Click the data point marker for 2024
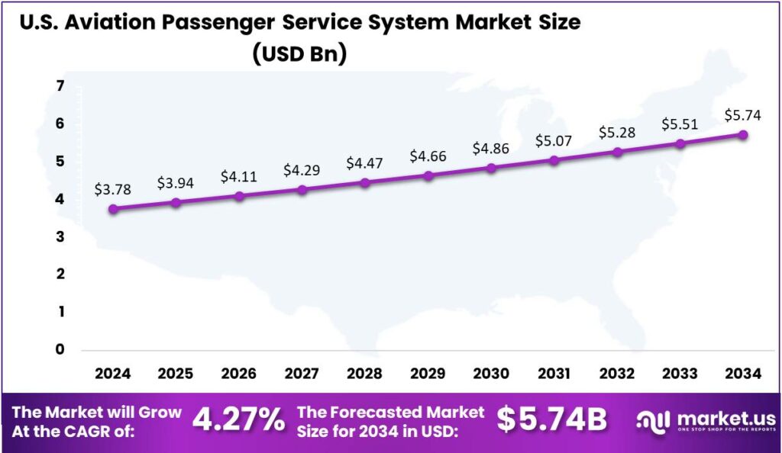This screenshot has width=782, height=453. coord(113,209)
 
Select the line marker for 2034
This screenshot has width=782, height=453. coord(743,135)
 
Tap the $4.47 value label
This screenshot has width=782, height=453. coord(365,162)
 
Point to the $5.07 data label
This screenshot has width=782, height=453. coord(554,140)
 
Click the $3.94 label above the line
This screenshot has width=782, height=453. coord(176,183)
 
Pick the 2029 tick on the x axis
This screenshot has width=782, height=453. coord(428,374)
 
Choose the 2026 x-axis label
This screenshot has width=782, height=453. coord(239,374)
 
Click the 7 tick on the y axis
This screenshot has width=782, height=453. coord(60,86)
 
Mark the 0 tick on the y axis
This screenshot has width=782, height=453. coord(60,350)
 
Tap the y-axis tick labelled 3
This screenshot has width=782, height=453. coord(60,237)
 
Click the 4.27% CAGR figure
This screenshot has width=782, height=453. coord(238,419)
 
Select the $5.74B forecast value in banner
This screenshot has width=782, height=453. coord(551,419)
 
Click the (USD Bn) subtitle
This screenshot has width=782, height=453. coord(299,55)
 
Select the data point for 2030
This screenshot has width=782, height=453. coord(491,168)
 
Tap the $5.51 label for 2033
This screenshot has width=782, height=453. coord(680,124)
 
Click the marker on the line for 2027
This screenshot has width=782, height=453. coord(302,189)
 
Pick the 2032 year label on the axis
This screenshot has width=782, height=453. coord(617,374)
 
